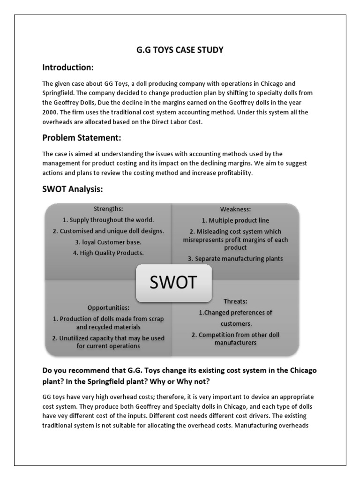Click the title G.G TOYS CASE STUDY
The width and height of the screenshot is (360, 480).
180,50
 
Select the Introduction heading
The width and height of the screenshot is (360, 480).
68,68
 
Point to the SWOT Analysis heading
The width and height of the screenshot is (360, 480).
73,189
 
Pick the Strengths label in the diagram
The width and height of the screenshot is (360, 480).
108,209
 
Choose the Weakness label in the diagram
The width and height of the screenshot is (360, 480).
235,209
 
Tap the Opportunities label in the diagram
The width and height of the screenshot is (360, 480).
108,307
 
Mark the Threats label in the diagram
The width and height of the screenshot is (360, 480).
235,301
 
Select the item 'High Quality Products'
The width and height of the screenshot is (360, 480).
108,253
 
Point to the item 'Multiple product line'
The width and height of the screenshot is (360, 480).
235,220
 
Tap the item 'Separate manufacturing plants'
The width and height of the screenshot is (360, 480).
235,258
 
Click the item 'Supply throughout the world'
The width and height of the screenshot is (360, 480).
108,219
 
